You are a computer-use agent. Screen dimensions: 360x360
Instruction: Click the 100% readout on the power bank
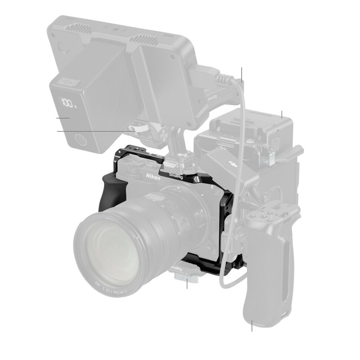click(69, 102)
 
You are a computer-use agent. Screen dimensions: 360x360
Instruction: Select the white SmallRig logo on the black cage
click(176, 173)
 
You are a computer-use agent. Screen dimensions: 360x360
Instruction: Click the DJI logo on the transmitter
click(233, 164)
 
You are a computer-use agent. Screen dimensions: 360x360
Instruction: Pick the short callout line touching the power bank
click(63, 118)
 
